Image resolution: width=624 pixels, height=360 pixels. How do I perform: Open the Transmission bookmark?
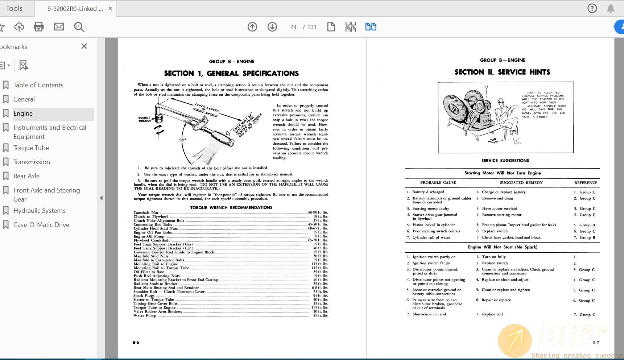click(32, 162)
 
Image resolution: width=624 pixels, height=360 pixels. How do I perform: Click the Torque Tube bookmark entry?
click(31, 148)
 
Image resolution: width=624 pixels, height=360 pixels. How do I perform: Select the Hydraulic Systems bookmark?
click(39, 211)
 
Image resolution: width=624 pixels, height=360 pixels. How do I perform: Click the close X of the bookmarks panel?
click(84, 46)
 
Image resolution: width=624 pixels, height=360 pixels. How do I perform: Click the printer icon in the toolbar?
click(39, 27)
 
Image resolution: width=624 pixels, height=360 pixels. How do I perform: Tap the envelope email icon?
click(59, 27)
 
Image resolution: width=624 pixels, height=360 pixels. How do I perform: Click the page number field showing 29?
click(293, 27)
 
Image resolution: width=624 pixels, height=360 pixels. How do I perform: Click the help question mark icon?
click(592, 8)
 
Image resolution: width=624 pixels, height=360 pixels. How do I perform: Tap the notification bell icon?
click(611, 8)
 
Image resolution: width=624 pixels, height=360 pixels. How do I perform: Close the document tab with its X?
click(110, 8)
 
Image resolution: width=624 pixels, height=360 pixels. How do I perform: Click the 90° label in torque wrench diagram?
click(183, 140)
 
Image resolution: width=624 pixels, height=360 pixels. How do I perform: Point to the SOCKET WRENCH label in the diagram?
click(145, 119)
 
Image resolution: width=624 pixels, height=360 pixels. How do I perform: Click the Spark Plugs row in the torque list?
click(144, 296)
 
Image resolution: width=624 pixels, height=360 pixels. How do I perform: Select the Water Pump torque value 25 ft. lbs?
click(321, 315)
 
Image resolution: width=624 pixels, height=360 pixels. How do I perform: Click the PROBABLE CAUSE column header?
click(438, 183)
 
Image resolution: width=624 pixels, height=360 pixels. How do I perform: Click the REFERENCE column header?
click(586, 183)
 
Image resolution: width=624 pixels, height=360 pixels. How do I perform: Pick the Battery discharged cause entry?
click(428, 192)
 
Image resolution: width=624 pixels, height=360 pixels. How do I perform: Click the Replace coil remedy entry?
click(492, 314)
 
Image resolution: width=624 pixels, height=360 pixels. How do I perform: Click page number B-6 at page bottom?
click(136, 343)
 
